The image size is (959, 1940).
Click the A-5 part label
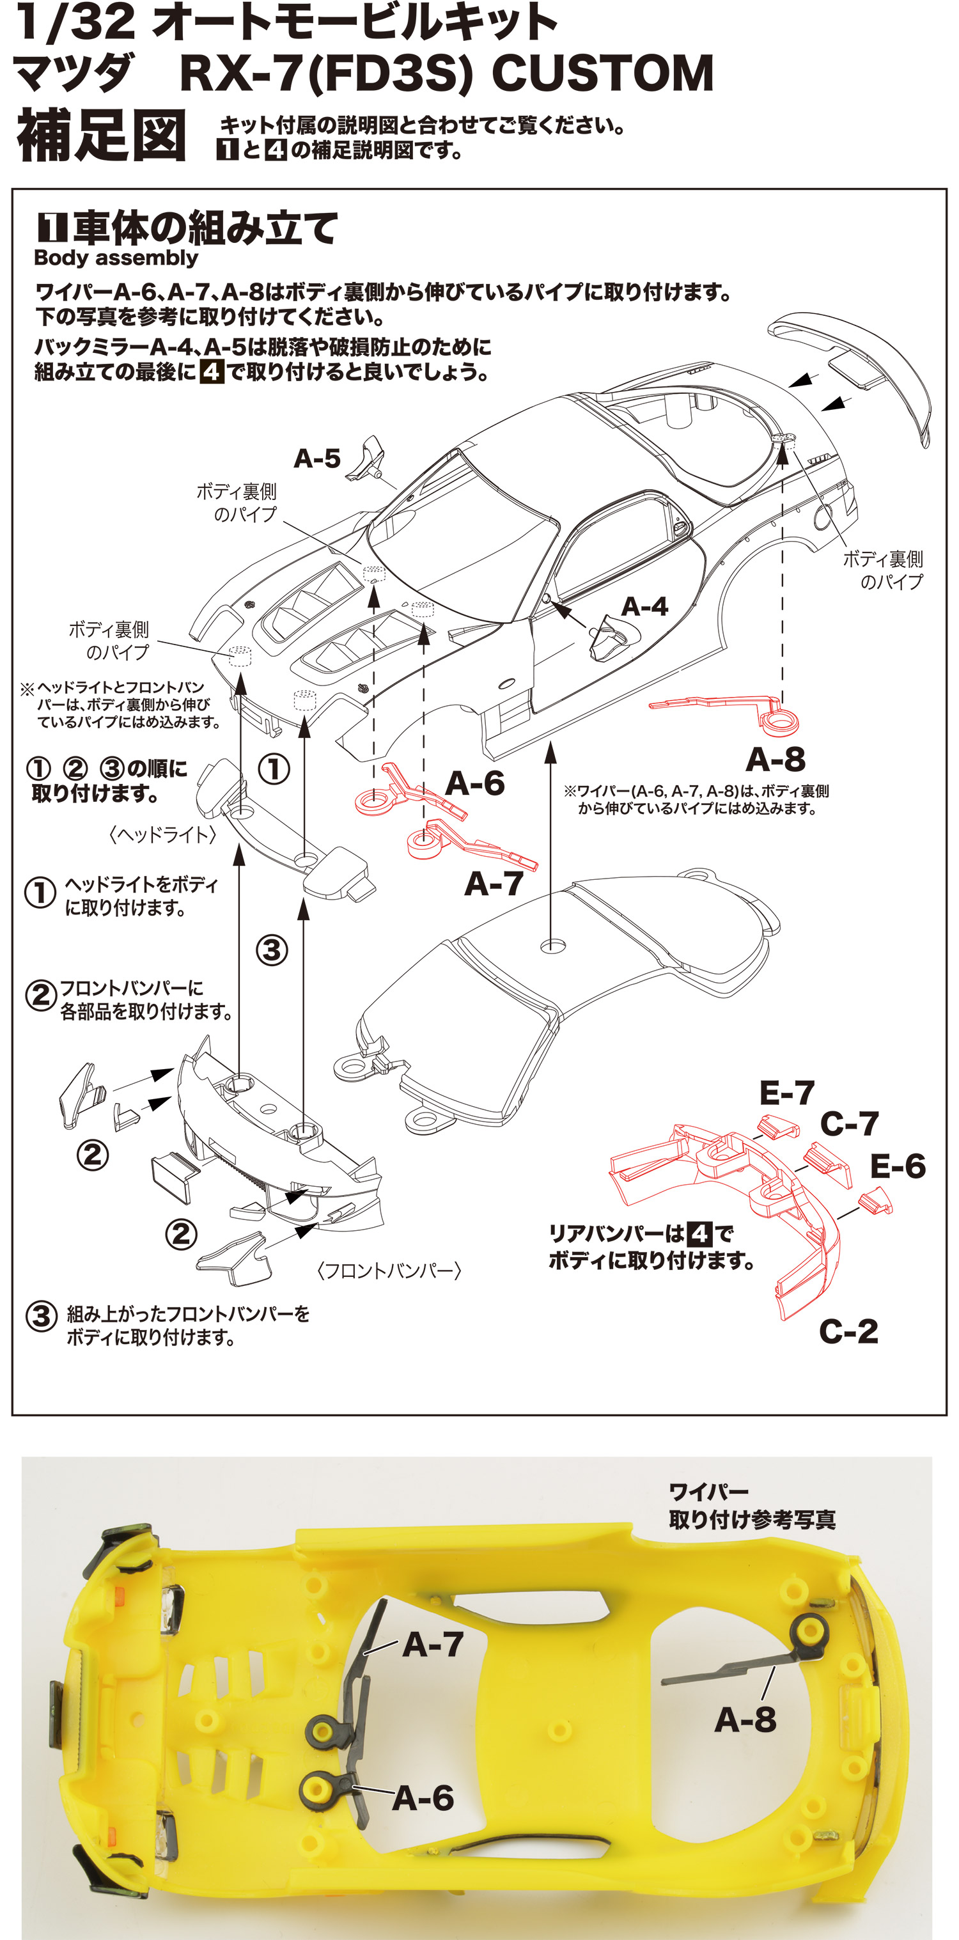tap(317, 458)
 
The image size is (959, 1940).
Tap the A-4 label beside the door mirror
tap(644, 607)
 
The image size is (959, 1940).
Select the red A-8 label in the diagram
tap(776, 759)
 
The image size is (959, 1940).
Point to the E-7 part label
tap(786, 1093)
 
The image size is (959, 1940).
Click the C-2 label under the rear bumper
tap(848, 1331)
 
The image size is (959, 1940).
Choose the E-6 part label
tap(897, 1166)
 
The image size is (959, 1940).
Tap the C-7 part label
tap(849, 1124)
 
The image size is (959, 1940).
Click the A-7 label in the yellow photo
tap(433, 1645)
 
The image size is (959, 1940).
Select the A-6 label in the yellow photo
tap(423, 1799)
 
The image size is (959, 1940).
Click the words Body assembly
tap(116, 258)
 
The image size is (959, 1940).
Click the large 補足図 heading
tap(102, 136)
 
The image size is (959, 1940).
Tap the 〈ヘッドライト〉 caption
tap(162, 834)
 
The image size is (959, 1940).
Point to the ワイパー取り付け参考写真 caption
tap(751, 1506)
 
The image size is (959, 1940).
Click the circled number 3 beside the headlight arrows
tap(272, 950)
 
